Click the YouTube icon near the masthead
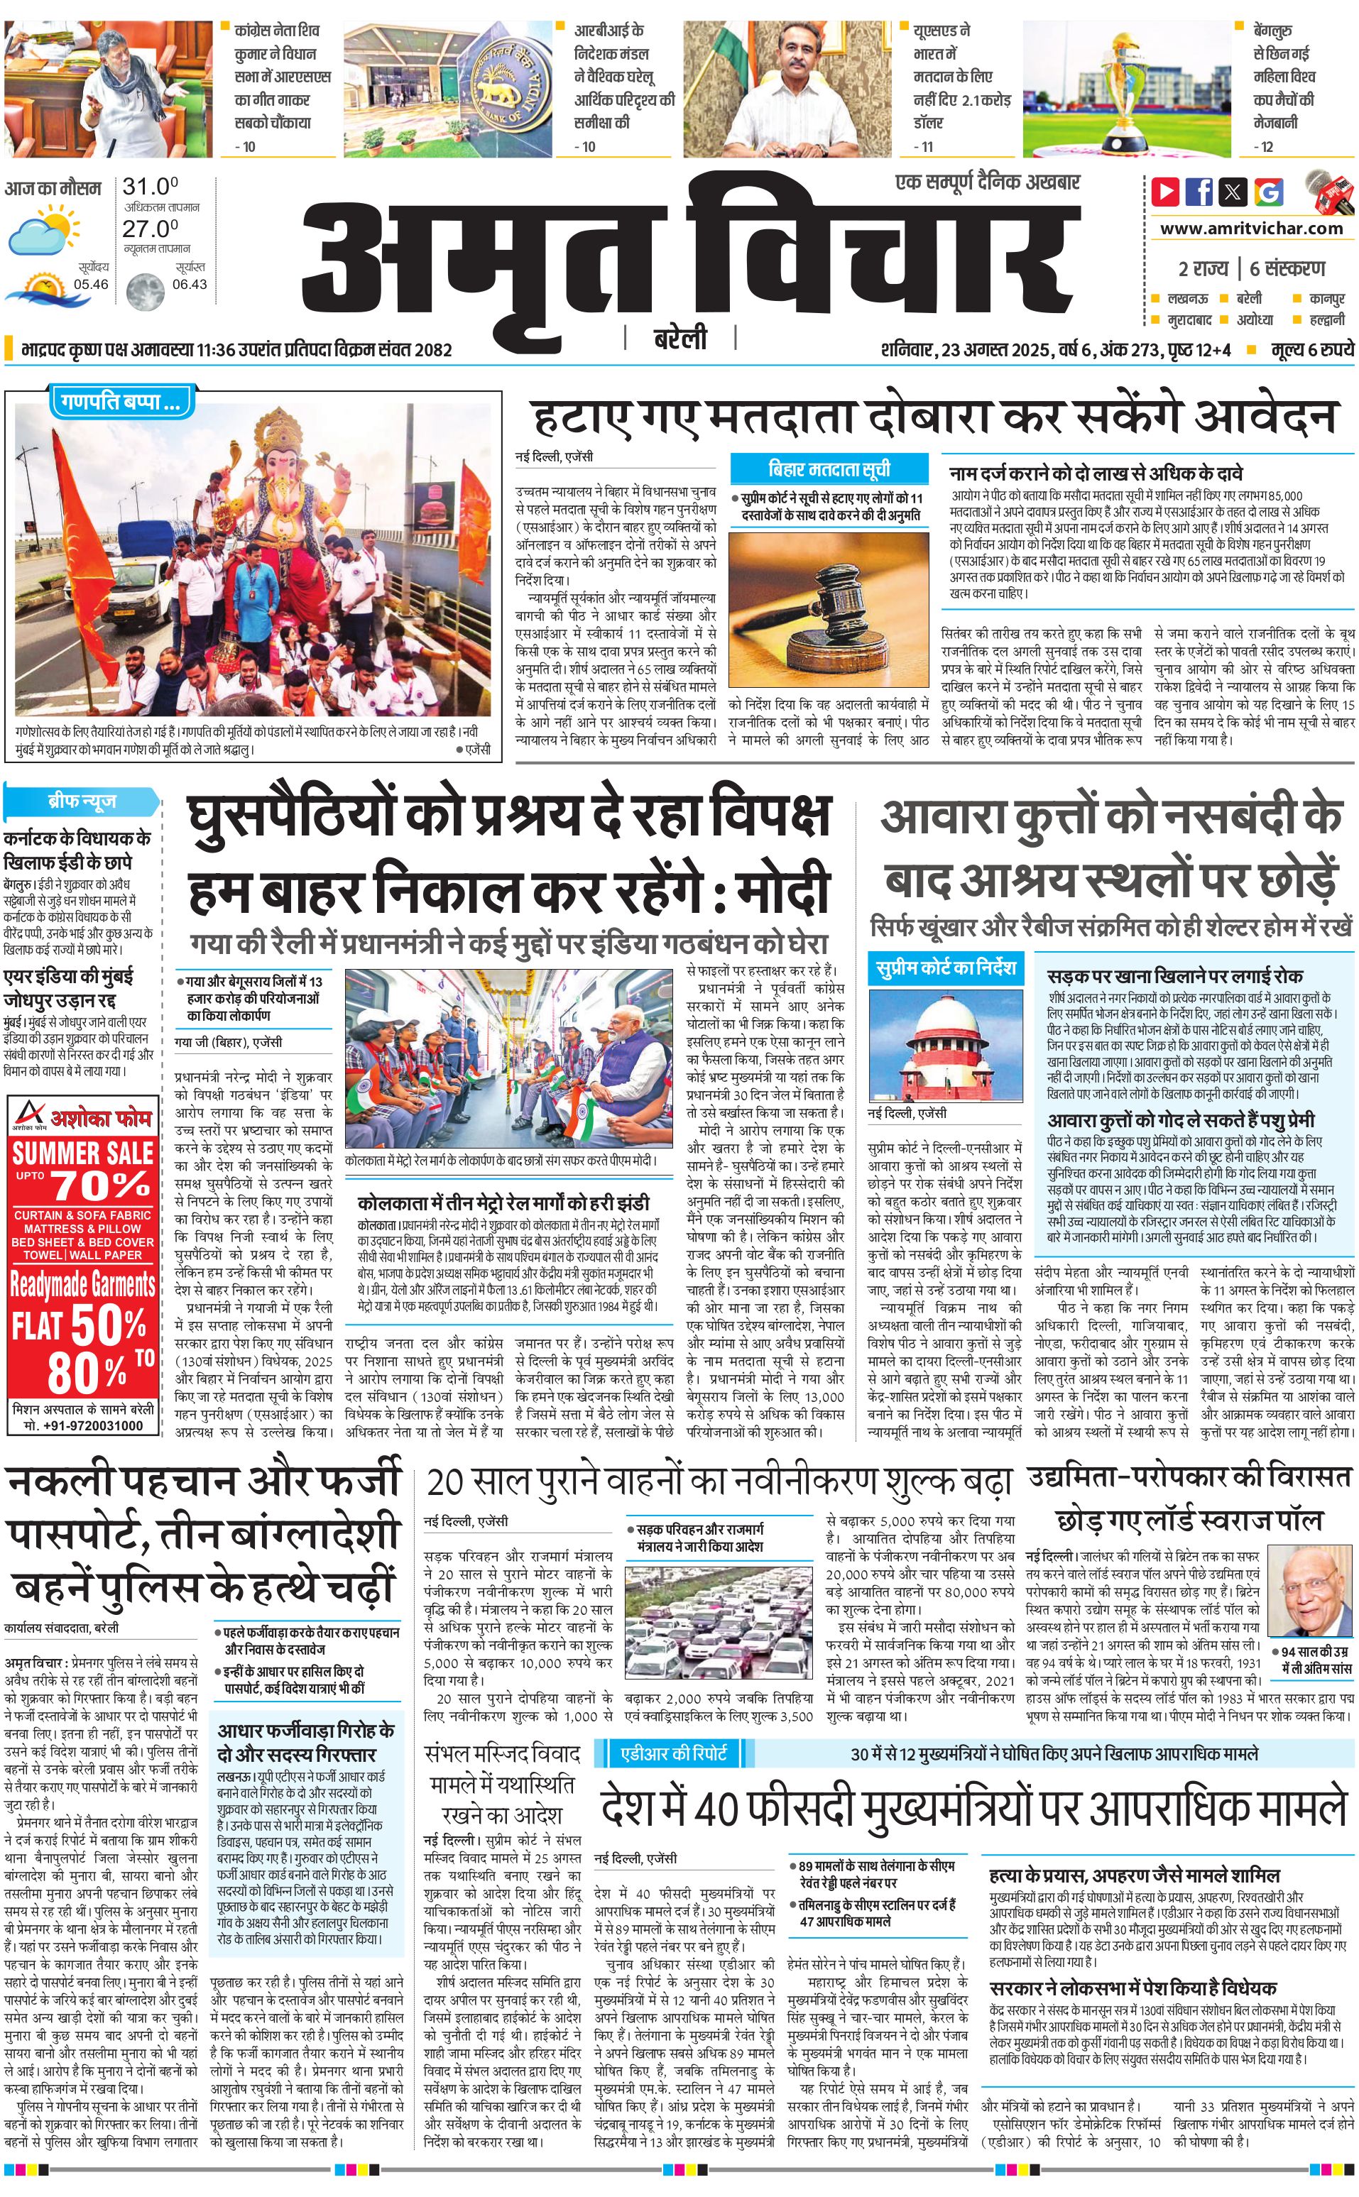point(1165,192)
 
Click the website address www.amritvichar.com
point(1251,229)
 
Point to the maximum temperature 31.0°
point(150,187)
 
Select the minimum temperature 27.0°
point(150,229)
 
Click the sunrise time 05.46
point(91,284)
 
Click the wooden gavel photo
point(827,610)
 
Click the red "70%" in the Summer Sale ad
point(99,1185)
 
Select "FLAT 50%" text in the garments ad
point(79,1326)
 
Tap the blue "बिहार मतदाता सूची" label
point(828,469)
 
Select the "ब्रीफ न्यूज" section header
point(82,801)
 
